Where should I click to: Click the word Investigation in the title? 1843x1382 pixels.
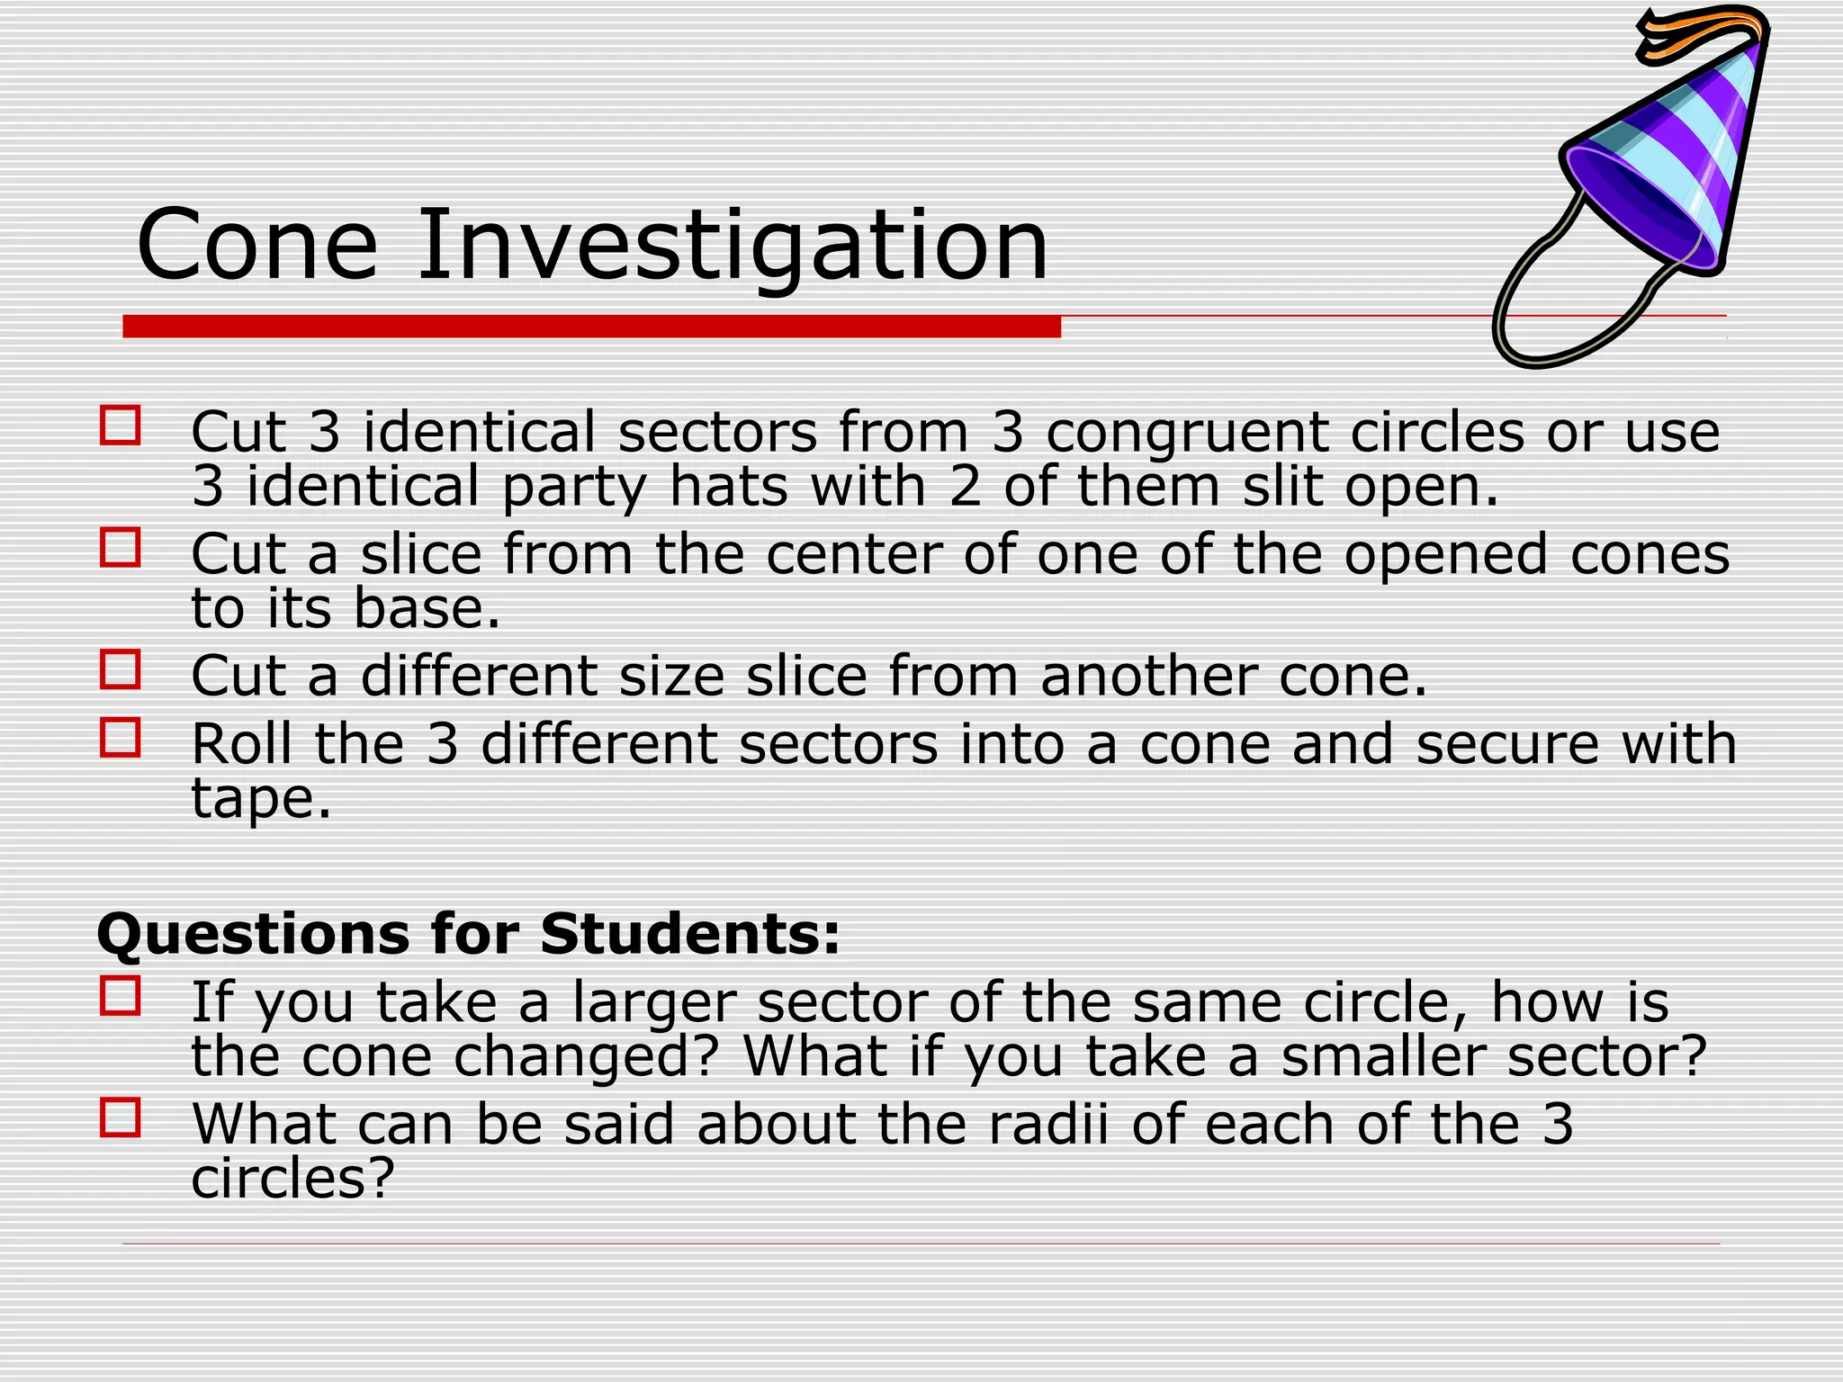click(x=732, y=245)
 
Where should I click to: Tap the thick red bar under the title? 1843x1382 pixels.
click(x=591, y=327)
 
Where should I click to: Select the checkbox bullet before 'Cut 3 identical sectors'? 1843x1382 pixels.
click(x=121, y=426)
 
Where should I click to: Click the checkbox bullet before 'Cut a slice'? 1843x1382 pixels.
click(x=121, y=547)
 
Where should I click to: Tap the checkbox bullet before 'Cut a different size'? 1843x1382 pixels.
click(x=121, y=669)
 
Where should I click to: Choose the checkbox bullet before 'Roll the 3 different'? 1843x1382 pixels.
click(x=121, y=738)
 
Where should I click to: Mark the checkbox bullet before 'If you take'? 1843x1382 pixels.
click(x=121, y=996)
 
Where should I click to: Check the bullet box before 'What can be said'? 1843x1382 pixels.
click(x=121, y=1117)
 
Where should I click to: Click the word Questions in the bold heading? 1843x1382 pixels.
click(x=253, y=935)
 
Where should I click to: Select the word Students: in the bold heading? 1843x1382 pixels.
click(x=689, y=933)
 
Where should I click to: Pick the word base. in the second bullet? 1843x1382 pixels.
click(x=427, y=609)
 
